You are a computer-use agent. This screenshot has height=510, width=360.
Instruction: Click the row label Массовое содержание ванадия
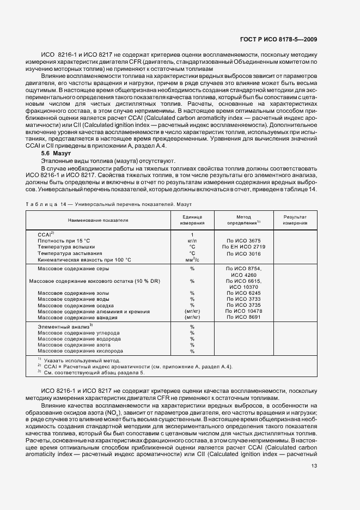82,317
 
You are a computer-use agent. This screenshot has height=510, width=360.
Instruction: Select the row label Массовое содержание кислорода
83,351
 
